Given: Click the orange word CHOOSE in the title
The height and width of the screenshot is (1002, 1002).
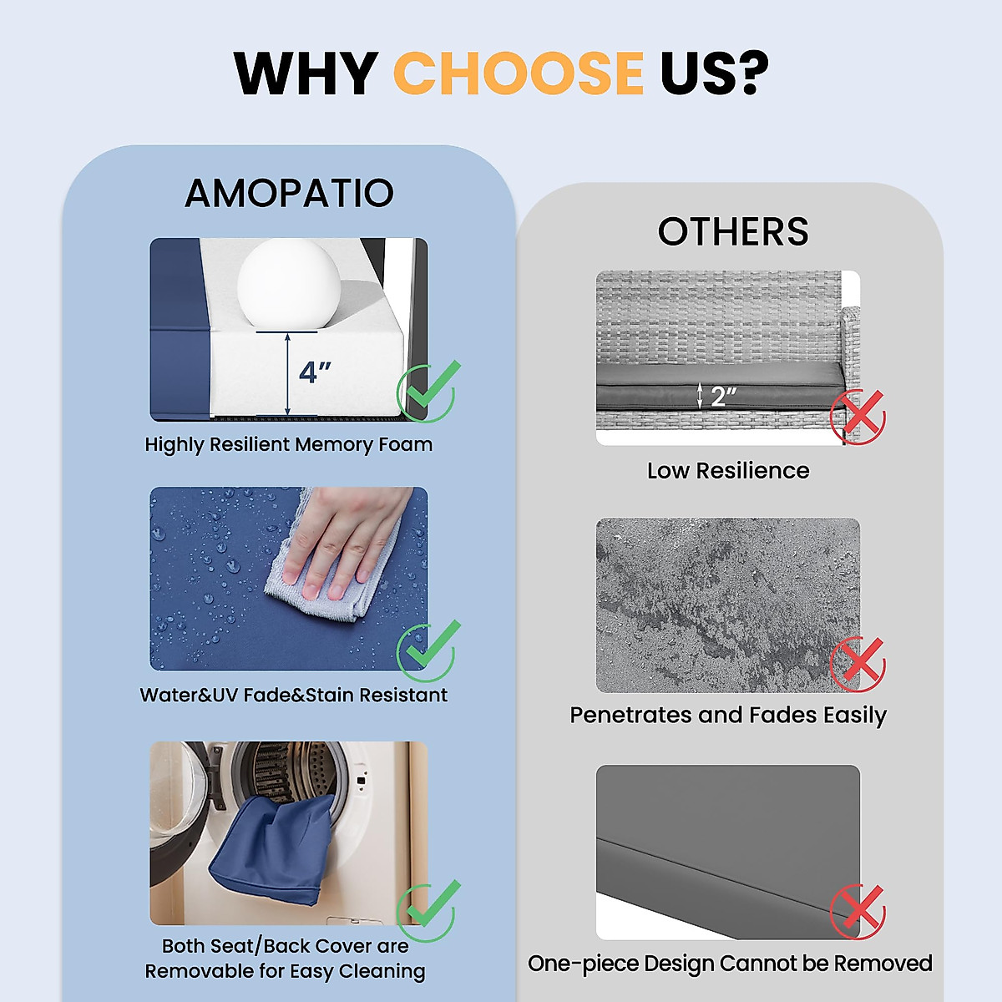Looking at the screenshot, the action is pos(519,73).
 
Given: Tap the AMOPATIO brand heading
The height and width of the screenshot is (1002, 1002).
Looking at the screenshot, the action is pos(289,193).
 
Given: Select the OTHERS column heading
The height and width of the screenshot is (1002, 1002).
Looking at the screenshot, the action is pos(733,231).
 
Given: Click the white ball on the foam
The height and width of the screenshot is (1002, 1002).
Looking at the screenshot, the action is pos(289,283).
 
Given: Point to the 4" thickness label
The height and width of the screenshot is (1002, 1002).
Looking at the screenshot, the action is pos(315,372).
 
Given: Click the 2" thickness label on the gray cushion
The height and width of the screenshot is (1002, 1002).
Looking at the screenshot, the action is pos(723,397).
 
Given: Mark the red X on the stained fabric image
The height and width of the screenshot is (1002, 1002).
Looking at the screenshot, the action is pos(858,664).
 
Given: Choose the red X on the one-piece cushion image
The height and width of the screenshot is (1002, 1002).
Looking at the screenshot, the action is pos(858,911).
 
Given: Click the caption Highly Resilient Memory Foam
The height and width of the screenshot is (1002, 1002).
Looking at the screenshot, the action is pos(289,445).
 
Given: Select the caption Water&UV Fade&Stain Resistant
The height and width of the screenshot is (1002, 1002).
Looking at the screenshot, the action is pos(294,696).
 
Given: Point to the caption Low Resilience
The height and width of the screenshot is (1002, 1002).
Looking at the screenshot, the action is pos(728,471).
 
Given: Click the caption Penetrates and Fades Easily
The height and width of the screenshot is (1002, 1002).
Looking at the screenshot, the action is pos(728,716).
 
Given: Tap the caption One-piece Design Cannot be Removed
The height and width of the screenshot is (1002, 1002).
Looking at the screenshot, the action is pos(730,964).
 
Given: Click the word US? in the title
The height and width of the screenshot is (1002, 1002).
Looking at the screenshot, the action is pos(714,73).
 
